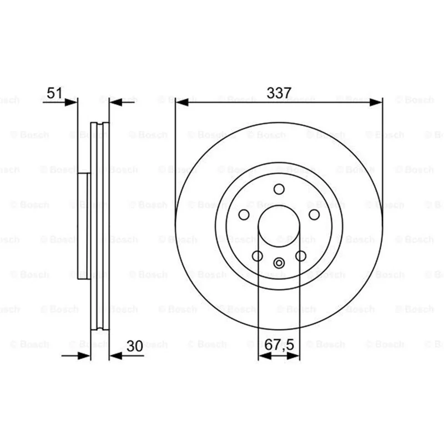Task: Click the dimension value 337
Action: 279,93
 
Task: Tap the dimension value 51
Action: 54,92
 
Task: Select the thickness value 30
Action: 135,346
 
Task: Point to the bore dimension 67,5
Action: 280,345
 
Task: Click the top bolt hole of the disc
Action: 279,189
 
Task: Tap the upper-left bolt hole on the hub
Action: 244,215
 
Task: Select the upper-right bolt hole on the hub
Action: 314,215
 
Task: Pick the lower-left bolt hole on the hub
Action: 258,256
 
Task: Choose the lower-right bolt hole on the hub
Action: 301,256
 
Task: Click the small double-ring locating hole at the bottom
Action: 279,263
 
